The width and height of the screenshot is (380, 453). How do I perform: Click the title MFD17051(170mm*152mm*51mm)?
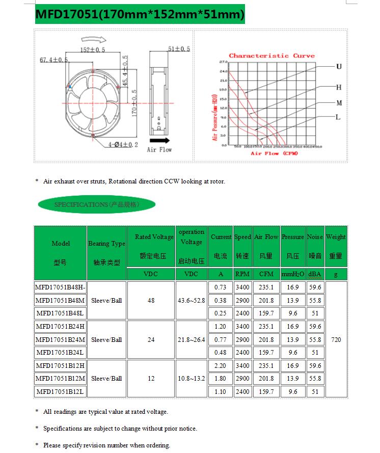pos(140,15)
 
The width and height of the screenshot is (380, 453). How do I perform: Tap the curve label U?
pos(339,67)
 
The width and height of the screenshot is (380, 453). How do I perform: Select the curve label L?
pos(338,117)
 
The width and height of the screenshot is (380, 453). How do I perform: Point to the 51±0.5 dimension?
pos(178,49)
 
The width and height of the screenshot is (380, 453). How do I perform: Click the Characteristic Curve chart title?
pos(272,56)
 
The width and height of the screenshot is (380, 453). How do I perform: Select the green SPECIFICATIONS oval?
pos(96,204)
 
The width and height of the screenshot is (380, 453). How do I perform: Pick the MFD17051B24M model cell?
pos(60,339)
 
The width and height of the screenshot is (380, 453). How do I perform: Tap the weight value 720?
pos(336,339)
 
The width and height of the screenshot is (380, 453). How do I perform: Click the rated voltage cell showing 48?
pos(151,301)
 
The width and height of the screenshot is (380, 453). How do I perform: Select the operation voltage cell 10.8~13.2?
pos(191,379)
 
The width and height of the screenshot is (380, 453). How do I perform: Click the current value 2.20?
pos(221,365)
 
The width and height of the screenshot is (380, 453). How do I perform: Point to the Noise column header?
pos(315,237)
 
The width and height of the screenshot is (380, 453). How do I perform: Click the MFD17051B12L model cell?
pos(60,391)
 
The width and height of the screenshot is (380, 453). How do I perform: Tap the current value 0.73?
pos(221,288)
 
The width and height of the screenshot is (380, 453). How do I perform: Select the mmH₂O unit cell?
pos(292,274)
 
